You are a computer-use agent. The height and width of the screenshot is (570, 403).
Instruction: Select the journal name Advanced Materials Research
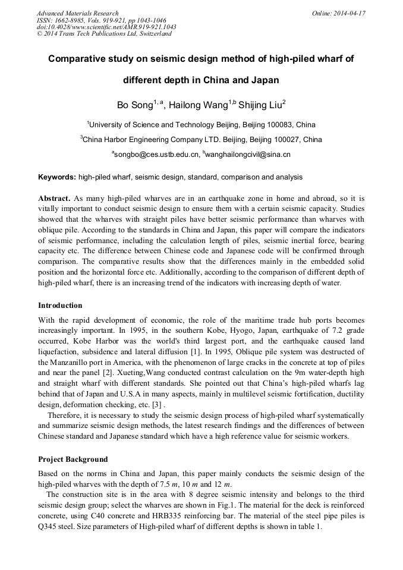coord(78,13)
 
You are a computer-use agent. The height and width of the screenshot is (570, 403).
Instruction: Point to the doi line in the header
coord(106,27)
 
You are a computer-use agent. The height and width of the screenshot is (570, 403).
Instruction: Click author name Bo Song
coord(134,106)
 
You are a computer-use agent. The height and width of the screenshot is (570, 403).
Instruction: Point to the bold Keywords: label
coord(57,177)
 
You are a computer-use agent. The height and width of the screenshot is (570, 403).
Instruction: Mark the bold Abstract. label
coord(55,197)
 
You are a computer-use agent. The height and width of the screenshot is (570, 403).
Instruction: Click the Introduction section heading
coord(60,306)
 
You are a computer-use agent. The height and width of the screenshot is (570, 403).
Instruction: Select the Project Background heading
coord(73,459)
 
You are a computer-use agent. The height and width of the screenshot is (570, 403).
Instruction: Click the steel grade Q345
coord(50,527)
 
